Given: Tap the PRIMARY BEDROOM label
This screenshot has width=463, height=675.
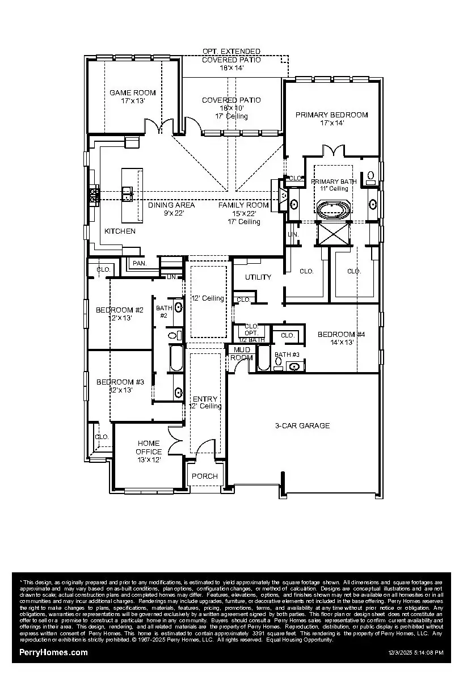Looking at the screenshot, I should tap(331, 115).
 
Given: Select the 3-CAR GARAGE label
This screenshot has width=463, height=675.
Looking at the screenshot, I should tap(302, 426).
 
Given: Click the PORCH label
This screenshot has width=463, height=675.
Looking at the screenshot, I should tap(205, 476).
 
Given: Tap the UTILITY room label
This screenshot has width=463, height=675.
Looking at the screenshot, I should tap(258, 277).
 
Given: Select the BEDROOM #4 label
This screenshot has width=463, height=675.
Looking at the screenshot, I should tap(341, 335).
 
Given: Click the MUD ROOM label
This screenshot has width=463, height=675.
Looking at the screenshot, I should tap(242, 354).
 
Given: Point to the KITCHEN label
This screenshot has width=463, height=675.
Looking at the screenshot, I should tap(120, 231).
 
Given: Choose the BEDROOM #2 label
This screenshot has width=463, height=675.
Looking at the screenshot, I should tap(120, 310).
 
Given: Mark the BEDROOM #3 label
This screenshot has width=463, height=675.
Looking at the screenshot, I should tap(120, 382).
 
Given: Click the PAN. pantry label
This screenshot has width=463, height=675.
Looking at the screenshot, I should tap(138, 264).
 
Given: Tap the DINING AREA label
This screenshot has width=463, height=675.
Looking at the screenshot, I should tap(171, 205).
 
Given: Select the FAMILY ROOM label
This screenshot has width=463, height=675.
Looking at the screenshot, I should tap(243, 205).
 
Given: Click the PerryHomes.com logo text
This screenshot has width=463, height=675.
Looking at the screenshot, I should tap(54, 652).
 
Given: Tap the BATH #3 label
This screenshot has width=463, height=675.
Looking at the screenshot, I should tap(287, 355).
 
